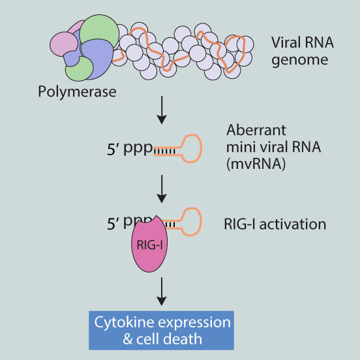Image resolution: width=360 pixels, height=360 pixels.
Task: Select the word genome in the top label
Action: click(300, 61)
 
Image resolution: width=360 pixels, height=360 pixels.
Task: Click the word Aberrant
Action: click(256, 130)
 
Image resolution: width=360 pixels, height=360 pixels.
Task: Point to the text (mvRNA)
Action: click(256, 164)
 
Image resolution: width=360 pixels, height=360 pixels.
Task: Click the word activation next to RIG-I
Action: click(293, 224)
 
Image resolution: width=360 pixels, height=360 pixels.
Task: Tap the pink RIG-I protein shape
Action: click(149, 244)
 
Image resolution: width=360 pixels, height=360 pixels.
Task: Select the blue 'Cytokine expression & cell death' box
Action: click(161, 331)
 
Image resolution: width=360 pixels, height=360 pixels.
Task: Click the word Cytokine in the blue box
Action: click(124, 323)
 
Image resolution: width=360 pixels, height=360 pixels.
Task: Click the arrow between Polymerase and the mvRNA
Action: click(162, 110)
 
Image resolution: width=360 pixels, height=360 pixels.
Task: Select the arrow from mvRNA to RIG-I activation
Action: click(162, 189)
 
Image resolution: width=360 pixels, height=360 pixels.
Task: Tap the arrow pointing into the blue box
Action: click(162, 292)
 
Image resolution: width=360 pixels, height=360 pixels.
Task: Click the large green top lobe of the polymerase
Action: click(99, 31)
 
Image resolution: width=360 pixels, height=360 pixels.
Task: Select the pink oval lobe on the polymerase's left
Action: click(63, 44)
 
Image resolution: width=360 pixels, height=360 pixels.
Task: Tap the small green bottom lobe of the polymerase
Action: click(79, 69)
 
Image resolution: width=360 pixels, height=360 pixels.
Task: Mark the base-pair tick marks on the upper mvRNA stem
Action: click(165, 151)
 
